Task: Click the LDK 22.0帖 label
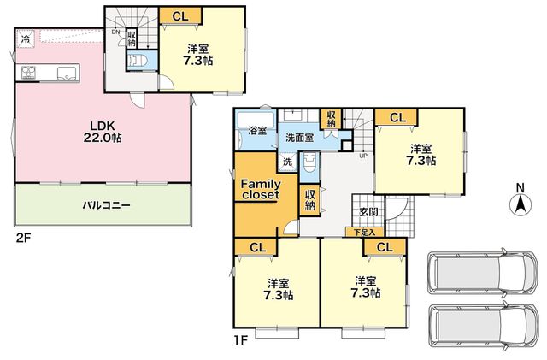(103, 132)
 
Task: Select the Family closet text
(261, 189)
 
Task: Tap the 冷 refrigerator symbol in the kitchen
(25, 38)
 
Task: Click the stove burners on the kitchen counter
(28, 73)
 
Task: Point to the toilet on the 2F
(138, 61)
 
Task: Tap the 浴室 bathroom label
(257, 131)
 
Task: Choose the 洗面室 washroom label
(299, 138)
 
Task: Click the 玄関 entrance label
(368, 212)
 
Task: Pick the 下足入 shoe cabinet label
(365, 232)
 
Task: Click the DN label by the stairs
(116, 32)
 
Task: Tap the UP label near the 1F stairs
(363, 156)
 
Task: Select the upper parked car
(482, 273)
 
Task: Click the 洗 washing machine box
(287, 162)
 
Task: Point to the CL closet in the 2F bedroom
(180, 15)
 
